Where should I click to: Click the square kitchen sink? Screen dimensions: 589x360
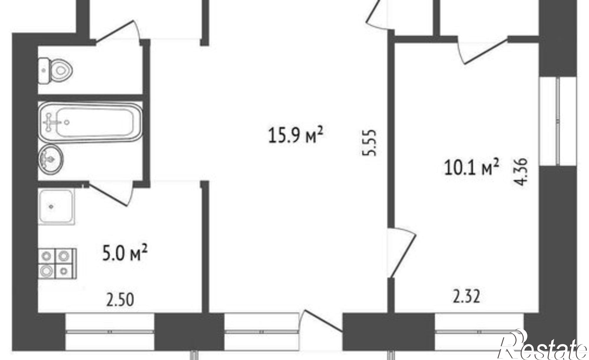tap(56, 207)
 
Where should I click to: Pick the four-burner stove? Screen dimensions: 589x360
tap(57, 264)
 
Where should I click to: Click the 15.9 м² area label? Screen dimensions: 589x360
tap(296, 135)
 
